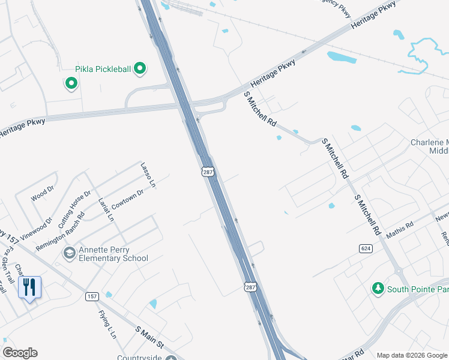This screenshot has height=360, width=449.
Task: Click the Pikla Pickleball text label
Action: (103, 70)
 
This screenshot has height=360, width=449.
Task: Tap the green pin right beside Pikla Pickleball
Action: (140, 69)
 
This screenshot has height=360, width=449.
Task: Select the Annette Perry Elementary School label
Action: (113, 254)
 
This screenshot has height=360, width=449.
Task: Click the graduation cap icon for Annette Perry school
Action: (69, 253)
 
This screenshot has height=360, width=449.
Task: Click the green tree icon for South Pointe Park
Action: (378, 289)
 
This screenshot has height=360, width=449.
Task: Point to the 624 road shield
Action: (365, 248)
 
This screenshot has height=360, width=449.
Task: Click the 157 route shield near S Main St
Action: (92, 296)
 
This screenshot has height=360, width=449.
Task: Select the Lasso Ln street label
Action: (148, 174)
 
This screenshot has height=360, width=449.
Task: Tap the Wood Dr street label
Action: (43, 193)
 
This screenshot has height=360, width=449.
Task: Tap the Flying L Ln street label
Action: (107, 325)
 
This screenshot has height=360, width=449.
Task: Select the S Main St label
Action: (149, 338)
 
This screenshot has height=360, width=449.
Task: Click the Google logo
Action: (20, 353)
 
